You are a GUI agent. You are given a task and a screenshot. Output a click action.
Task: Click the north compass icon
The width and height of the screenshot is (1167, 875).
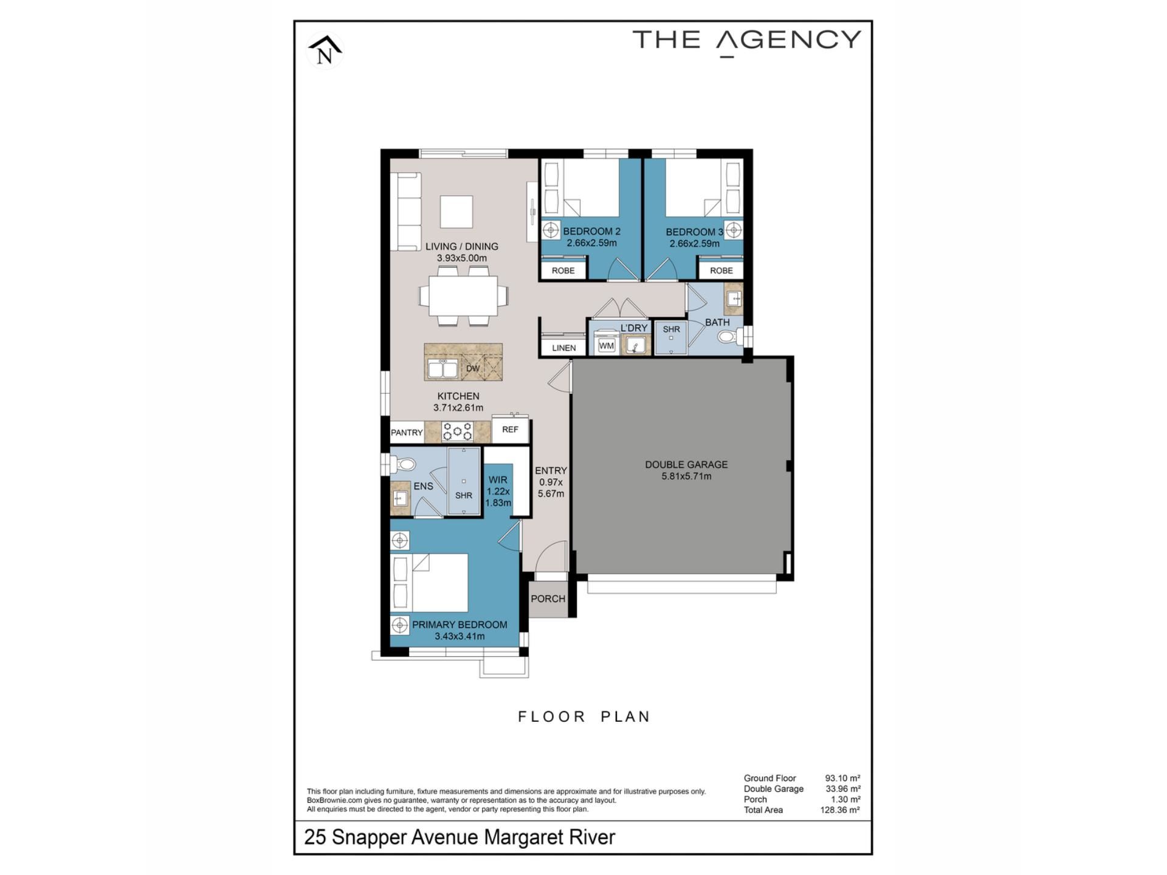point(325,50)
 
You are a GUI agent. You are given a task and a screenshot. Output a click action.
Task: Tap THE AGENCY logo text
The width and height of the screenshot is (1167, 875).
point(747,41)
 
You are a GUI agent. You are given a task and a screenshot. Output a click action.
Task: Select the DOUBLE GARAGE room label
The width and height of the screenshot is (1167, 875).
point(686,465)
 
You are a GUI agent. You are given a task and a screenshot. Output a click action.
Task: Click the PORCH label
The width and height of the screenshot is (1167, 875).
point(548,599)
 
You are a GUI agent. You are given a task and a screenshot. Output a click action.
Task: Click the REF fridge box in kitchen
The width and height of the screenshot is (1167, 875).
point(510,430)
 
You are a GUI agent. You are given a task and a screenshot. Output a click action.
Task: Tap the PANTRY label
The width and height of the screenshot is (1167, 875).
point(407,433)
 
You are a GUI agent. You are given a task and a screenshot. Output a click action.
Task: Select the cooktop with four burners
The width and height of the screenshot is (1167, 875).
point(458,431)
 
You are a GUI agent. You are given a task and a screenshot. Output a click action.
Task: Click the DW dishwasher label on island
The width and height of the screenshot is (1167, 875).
point(473,369)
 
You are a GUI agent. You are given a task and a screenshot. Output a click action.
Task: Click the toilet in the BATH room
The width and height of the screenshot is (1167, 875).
point(728,336)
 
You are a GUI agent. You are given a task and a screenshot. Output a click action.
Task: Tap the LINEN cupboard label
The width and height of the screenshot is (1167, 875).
point(564,348)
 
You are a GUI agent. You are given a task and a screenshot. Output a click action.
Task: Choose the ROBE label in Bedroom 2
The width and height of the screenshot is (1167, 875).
point(563,271)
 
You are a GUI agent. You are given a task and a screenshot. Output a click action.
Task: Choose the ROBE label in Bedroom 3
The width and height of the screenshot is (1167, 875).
point(721,271)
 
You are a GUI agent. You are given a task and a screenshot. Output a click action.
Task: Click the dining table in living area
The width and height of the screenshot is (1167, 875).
point(463,296)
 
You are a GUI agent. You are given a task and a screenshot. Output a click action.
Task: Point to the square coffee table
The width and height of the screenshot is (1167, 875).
point(456,211)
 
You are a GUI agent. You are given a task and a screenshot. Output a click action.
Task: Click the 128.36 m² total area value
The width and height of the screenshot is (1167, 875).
point(840,810)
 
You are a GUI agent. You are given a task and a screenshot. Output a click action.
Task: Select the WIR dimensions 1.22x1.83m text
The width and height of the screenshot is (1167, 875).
point(498,497)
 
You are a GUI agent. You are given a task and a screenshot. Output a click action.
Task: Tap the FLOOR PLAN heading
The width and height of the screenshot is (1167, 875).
point(584,717)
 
